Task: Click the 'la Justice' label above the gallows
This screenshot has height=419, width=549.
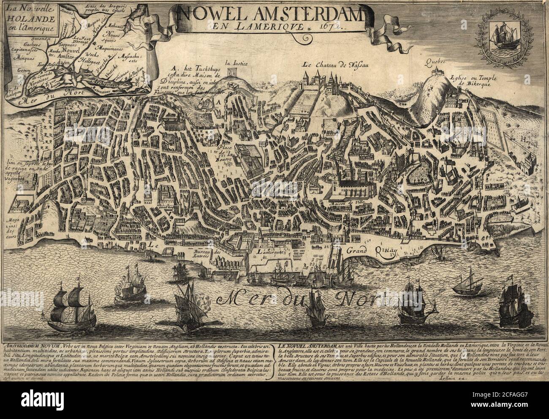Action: click(x=236, y=64)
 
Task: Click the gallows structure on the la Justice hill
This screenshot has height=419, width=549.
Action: click(x=233, y=73)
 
